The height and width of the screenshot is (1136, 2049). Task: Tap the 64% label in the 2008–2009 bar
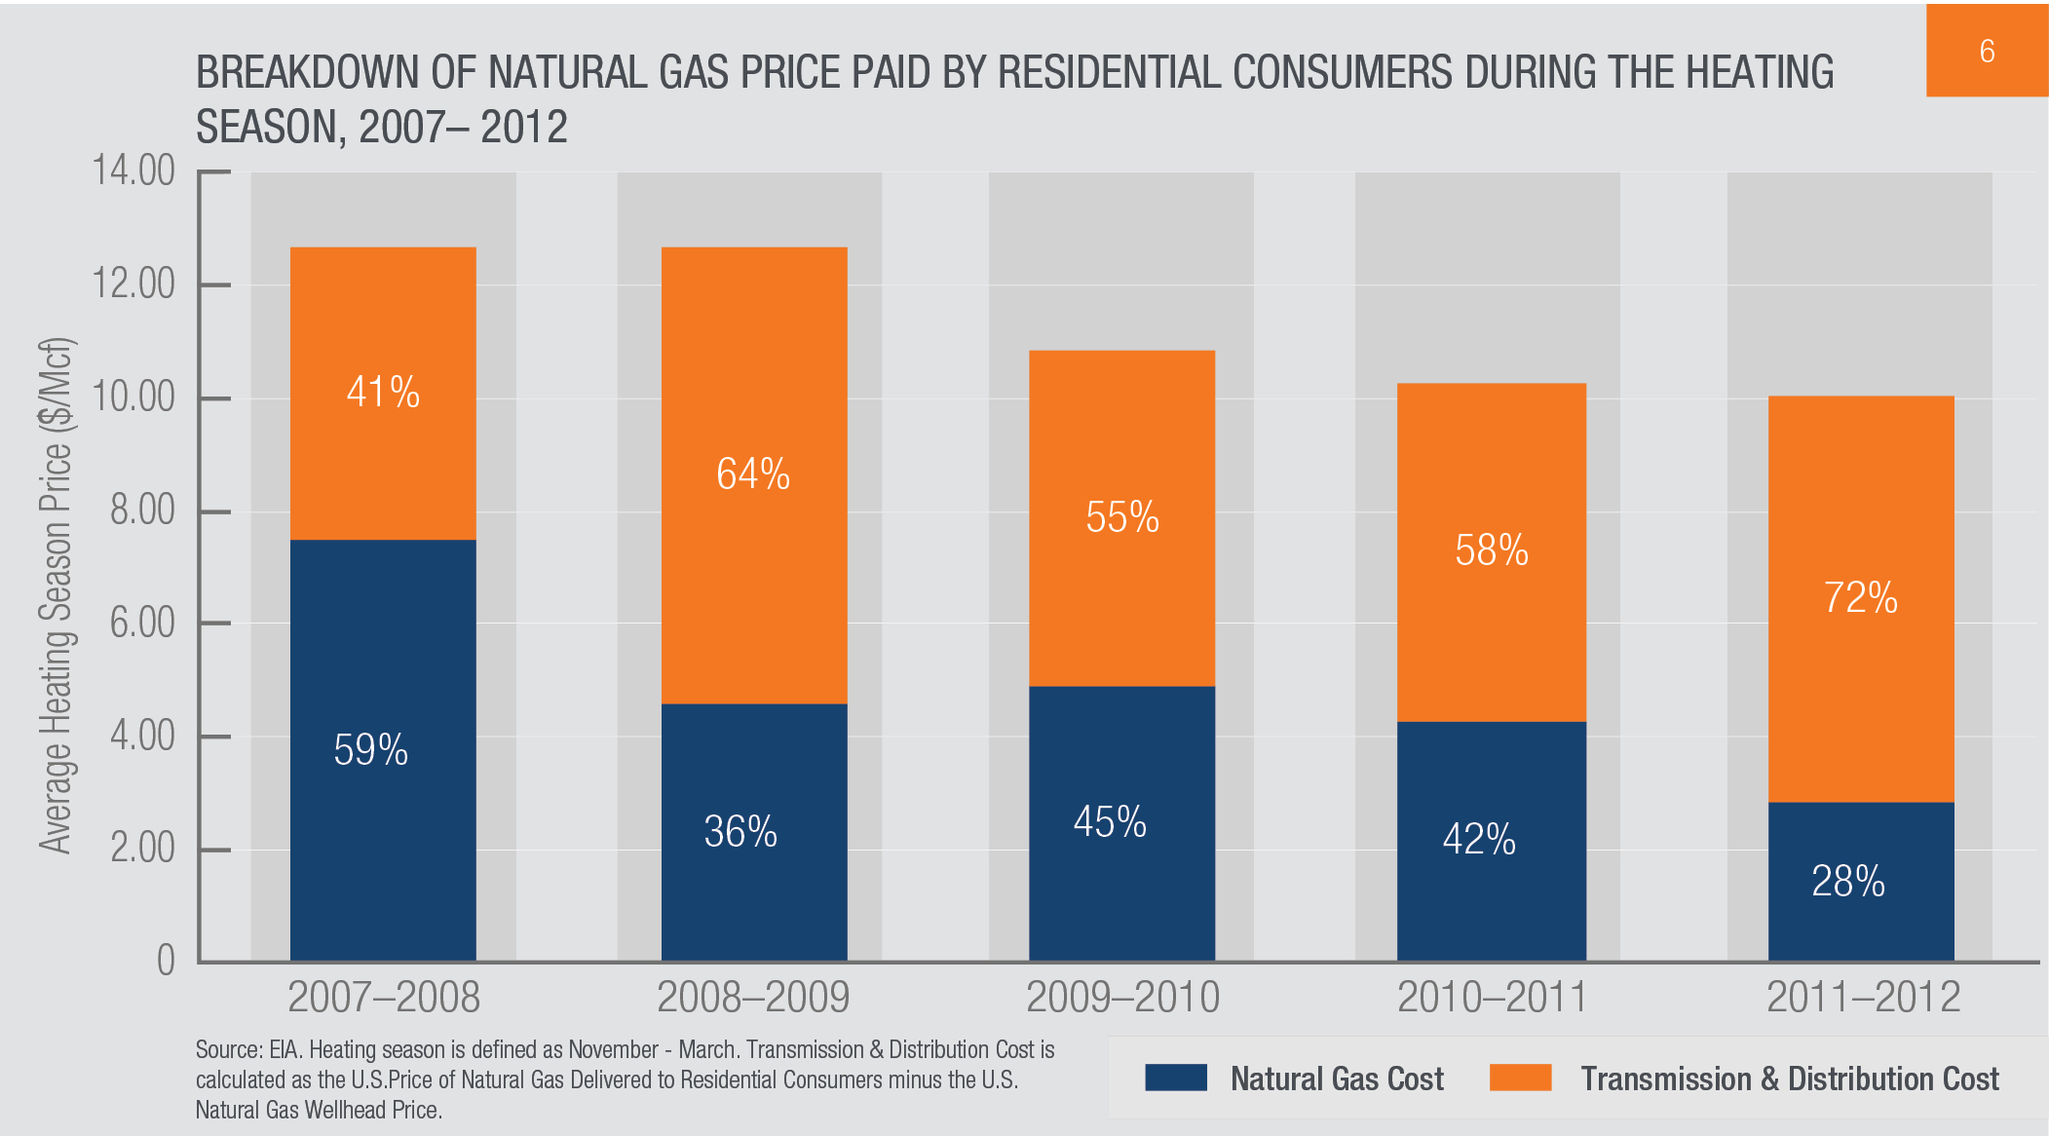click(753, 474)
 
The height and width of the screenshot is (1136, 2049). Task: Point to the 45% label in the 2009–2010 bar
click(1110, 822)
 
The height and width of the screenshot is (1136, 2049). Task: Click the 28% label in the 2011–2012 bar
click(1847, 882)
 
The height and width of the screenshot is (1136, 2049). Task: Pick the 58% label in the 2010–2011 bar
click(1492, 550)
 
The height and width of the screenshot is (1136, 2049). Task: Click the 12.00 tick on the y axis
click(133, 284)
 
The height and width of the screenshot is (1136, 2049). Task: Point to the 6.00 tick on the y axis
click(142, 623)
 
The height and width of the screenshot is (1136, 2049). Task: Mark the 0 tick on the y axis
click(166, 961)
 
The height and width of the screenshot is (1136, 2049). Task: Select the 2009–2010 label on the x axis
click(1122, 998)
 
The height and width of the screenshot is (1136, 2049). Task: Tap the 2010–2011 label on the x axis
click(1492, 998)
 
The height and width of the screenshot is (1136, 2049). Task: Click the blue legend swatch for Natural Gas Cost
click(1176, 1078)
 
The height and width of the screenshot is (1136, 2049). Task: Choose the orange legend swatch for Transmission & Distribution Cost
click(1520, 1078)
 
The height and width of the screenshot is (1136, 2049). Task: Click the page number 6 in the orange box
click(1987, 51)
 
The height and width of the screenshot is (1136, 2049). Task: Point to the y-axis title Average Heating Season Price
click(57, 594)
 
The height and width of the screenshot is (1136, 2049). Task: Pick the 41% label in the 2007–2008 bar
click(383, 393)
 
